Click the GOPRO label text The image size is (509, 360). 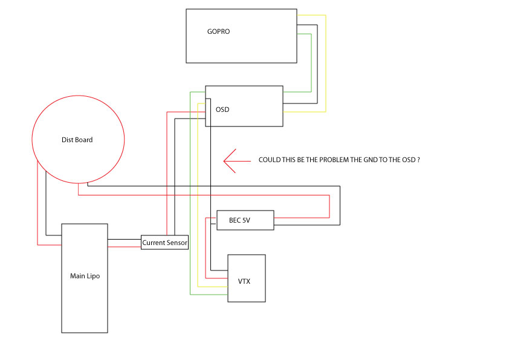[x=218, y=31]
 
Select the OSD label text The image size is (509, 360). [x=222, y=110]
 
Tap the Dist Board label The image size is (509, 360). [x=77, y=140]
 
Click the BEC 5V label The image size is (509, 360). [x=239, y=221]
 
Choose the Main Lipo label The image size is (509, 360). [x=85, y=276]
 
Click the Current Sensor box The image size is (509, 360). [x=165, y=243]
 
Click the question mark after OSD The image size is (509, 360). [x=418, y=160]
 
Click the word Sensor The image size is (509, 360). [x=177, y=243]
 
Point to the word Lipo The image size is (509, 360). [x=93, y=276]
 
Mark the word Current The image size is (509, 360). [x=154, y=243]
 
